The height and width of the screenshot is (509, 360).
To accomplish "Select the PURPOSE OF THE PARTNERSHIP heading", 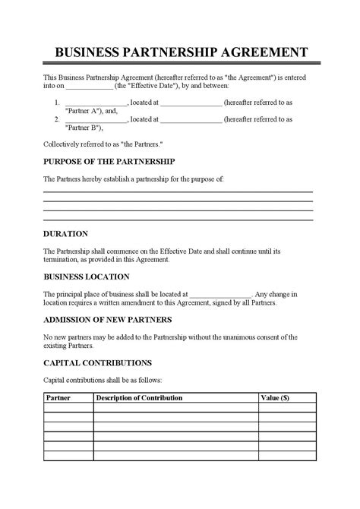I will [109, 162].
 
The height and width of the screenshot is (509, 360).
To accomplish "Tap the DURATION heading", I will [66, 234].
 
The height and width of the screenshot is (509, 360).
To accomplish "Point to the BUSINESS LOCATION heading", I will [86, 277].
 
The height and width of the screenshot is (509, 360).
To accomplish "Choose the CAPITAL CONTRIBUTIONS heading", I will [98, 362].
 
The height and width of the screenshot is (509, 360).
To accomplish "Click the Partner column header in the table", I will [58, 397].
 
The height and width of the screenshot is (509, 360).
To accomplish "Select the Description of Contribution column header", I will [139, 397].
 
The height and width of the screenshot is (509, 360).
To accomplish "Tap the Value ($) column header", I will [274, 397].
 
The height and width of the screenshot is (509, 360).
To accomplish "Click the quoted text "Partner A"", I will [92, 109].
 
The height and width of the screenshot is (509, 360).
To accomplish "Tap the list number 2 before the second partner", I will [57, 119].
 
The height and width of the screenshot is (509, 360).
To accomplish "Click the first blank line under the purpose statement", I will [178, 191].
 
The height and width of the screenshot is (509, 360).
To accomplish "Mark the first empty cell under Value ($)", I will [286, 407].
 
